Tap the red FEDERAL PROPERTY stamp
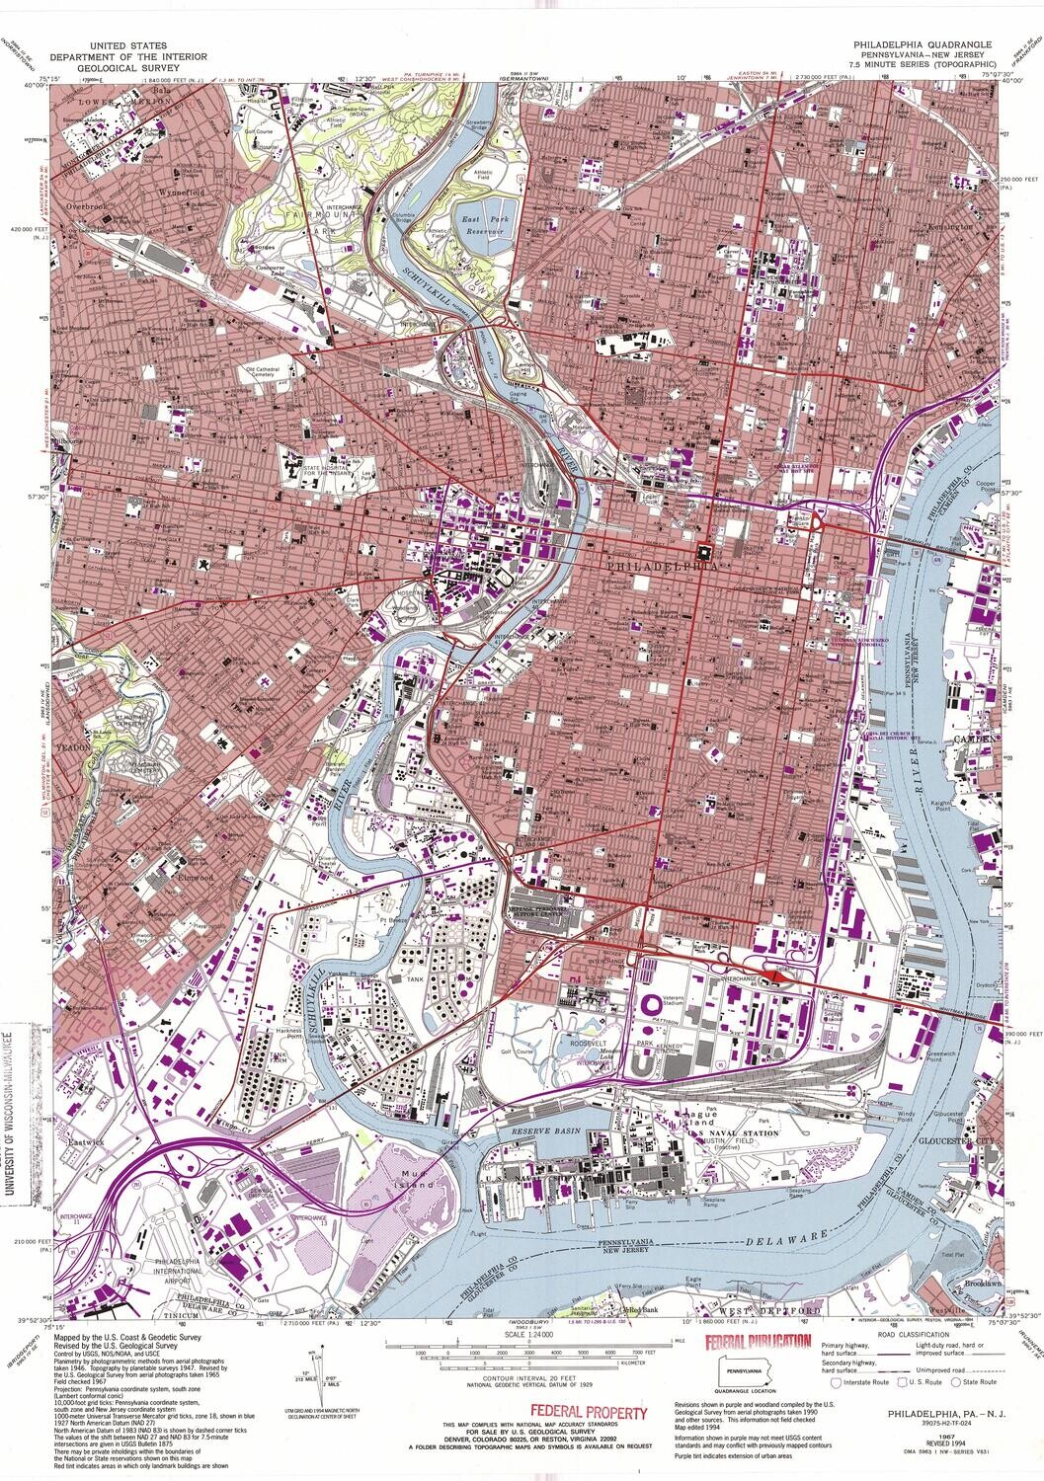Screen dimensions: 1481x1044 pyautogui.click(x=589, y=1413)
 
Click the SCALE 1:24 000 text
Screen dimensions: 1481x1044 pyautogui.click(x=522, y=1338)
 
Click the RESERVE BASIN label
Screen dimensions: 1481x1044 pyautogui.click(x=546, y=1134)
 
